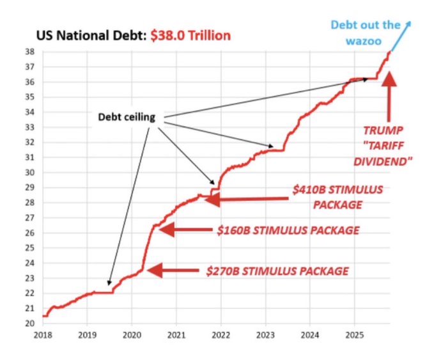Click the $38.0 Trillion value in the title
click(x=190, y=36)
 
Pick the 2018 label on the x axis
click(x=43, y=335)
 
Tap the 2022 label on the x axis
click(x=221, y=335)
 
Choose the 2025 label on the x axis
click(x=354, y=335)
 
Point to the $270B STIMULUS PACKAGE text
click(x=277, y=271)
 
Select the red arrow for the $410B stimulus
click(x=246, y=200)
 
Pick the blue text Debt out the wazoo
click(x=365, y=31)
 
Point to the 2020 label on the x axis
click(x=132, y=335)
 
